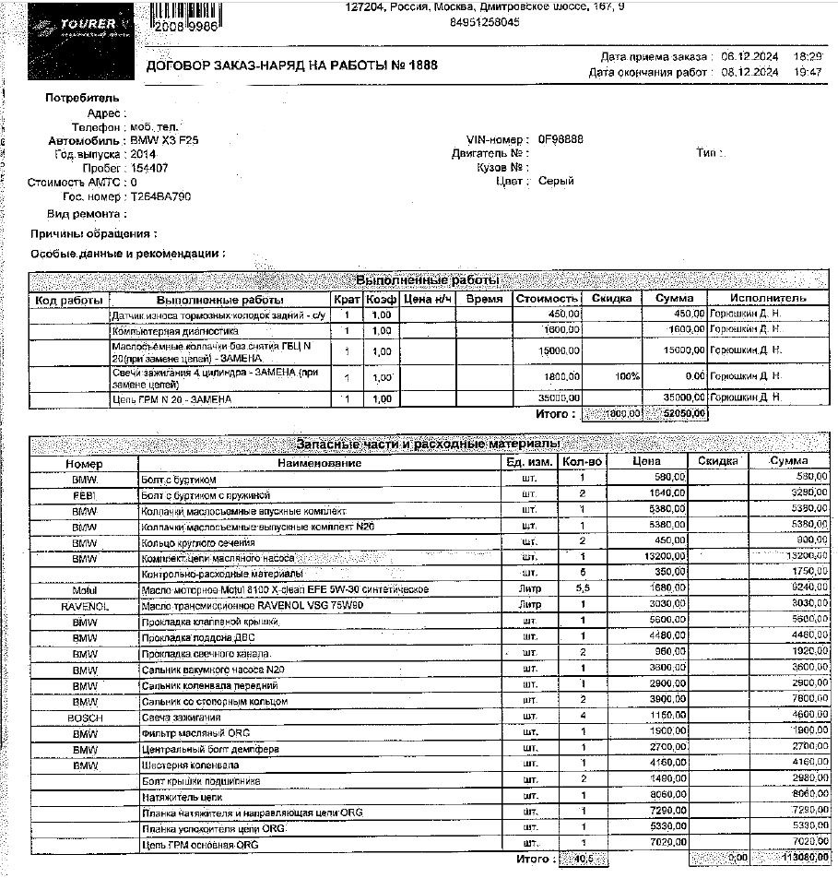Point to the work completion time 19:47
click(x=808, y=71)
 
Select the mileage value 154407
click(x=149, y=168)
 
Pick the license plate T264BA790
click(x=160, y=196)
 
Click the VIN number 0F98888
click(x=561, y=139)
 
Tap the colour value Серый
click(x=557, y=181)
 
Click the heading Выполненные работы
click(x=427, y=279)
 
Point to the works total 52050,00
click(x=683, y=414)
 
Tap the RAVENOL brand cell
click(x=85, y=606)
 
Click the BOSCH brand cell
click(x=85, y=717)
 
